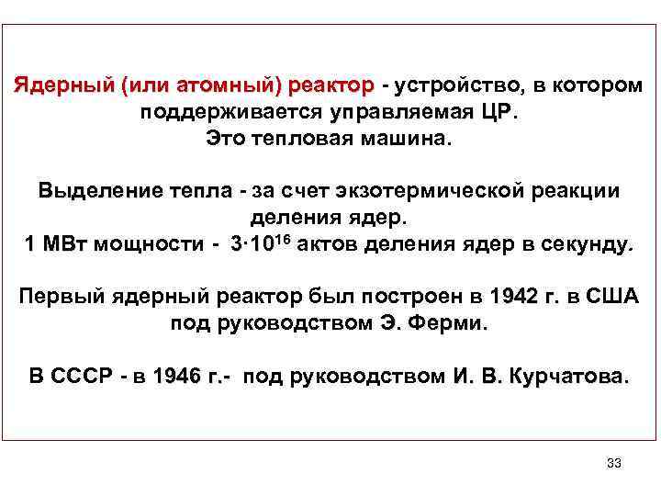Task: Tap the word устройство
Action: click(x=456, y=85)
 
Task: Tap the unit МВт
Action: click(x=70, y=245)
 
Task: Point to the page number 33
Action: click(x=614, y=462)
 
